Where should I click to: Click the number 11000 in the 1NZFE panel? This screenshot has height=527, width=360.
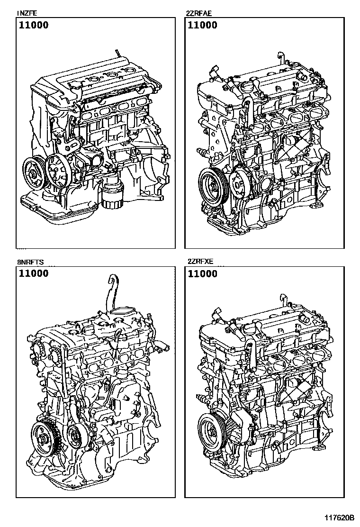33,26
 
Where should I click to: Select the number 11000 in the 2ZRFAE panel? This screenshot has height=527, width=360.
202,26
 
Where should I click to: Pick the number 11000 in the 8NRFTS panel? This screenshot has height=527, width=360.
33,273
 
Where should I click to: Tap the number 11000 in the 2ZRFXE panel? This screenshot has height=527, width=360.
202,273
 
